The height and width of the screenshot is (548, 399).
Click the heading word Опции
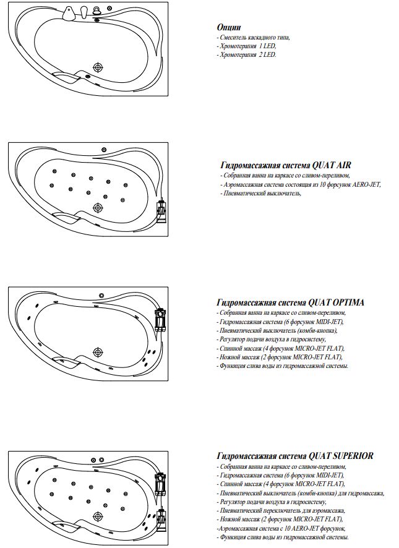tap(228, 27)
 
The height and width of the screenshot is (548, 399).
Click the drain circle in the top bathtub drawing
tap(97, 68)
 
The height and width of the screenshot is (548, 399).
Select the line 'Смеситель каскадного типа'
tap(254, 37)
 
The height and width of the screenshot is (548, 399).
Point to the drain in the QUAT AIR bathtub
tap(97, 208)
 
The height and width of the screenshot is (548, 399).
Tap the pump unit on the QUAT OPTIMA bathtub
tap(163, 319)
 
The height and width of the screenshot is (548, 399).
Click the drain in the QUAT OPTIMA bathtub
tap(98, 352)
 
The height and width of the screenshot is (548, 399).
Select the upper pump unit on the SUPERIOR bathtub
tap(161, 482)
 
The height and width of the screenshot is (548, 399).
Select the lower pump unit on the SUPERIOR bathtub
tap(161, 518)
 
